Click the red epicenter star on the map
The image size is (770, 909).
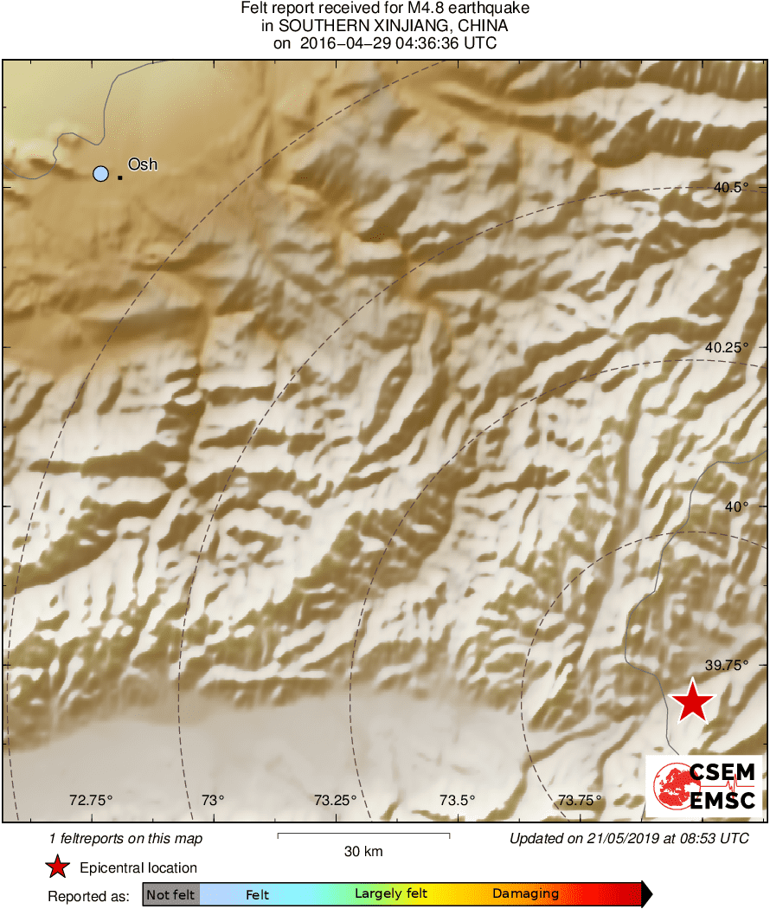[692, 702]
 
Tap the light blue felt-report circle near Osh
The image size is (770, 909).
[101, 174]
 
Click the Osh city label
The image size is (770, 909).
[143, 164]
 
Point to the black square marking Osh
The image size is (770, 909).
[119, 177]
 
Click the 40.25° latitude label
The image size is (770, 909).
[725, 347]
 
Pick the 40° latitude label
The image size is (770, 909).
[736, 506]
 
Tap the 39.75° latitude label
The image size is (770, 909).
[725, 665]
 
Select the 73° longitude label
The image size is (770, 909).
[213, 800]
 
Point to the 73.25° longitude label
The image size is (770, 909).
[335, 800]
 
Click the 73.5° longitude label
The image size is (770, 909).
[458, 800]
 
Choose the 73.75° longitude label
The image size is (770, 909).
[579, 800]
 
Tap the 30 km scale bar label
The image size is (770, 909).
[363, 851]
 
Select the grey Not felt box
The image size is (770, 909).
[170, 894]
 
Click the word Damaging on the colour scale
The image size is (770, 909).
[526, 894]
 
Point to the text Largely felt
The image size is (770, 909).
[391, 894]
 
